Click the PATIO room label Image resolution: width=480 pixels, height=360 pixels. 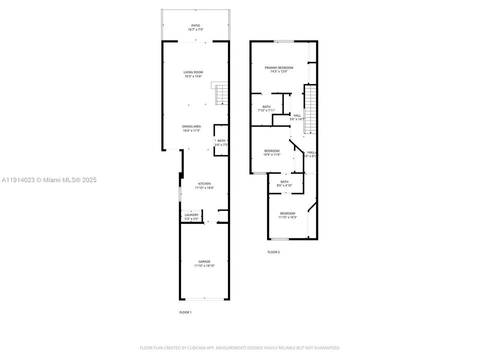point(195,25)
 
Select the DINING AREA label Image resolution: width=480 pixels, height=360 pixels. point(191,126)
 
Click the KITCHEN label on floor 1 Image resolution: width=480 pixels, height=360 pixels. point(204,183)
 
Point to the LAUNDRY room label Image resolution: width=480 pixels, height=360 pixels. point(191,215)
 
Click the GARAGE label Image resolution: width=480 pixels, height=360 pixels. point(204,261)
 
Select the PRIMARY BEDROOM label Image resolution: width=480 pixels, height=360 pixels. point(279,67)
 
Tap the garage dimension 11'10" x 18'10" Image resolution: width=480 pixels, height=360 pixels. point(204,266)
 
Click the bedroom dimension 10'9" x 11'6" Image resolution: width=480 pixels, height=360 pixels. point(272,155)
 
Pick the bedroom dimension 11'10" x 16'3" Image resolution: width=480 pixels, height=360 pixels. point(287,217)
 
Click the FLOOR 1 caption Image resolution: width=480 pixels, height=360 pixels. point(185,312)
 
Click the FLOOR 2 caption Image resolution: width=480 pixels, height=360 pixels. point(273,252)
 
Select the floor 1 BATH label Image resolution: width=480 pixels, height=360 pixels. point(221,140)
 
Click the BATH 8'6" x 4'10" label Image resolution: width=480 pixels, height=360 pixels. point(284,182)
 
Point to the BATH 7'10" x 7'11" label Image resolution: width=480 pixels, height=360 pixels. point(266,106)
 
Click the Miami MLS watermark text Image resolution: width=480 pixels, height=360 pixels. point(48,179)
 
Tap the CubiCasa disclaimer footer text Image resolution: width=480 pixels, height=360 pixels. point(240,347)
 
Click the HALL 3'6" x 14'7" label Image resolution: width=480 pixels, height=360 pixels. point(297,115)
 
